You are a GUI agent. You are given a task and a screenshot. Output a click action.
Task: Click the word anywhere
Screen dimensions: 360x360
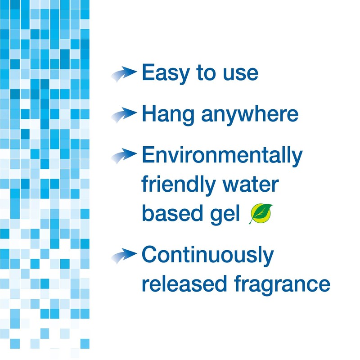click(249, 114)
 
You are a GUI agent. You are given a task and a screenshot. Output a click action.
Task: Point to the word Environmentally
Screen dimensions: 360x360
click(221, 156)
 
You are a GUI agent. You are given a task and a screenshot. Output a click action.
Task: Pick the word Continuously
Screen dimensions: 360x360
click(208, 256)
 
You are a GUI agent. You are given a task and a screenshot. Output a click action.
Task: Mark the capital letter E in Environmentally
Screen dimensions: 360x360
click(148, 155)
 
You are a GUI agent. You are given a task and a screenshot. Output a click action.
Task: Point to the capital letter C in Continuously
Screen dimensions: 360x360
click(150, 255)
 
